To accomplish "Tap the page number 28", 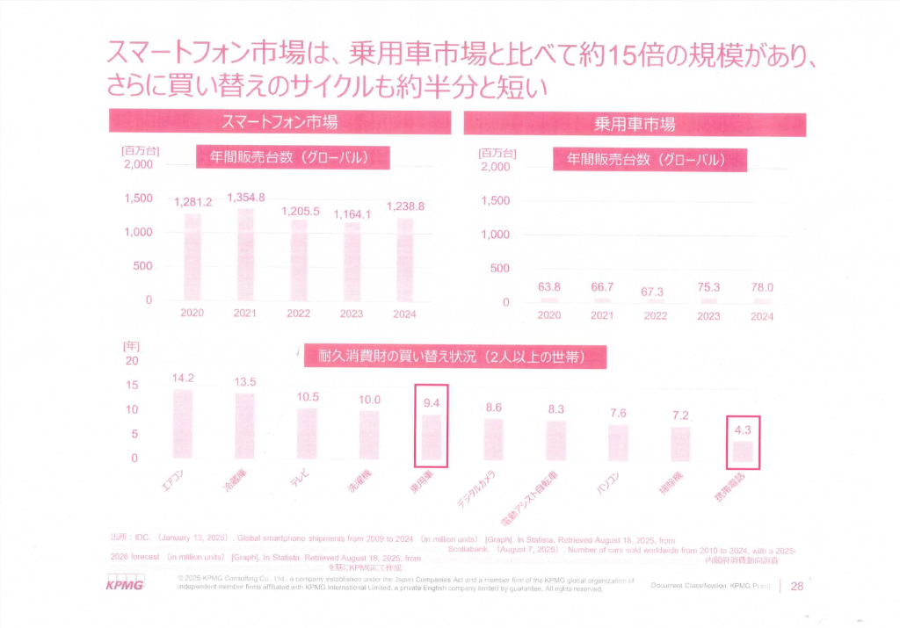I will point(798,586).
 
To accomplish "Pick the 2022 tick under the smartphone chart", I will point(299,314).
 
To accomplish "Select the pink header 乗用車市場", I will point(634,123).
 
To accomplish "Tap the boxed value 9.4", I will point(431,404).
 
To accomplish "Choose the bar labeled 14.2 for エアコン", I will point(183,423).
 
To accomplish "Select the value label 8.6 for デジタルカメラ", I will point(493,408).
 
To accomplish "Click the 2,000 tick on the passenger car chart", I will point(495,166).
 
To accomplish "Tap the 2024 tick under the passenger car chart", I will point(761,316).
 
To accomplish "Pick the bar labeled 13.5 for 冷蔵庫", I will point(245,425).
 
